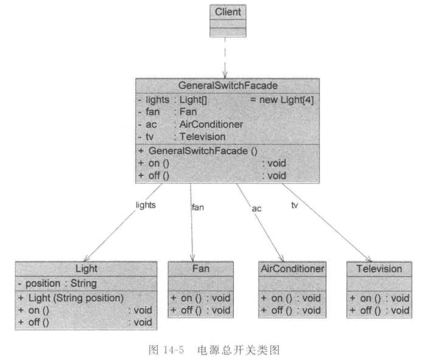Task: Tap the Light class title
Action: click(x=86, y=269)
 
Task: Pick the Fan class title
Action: click(x=200, y=268)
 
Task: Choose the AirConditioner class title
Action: click(x=292, y=268)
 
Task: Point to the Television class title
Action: click(x=379, y=268)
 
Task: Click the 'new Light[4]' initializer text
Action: click(x=282, y=99)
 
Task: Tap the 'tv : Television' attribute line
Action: click(x=182, y=137)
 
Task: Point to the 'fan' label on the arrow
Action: click(x=198, y=207)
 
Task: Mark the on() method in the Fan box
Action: click(x=200, y=298)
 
